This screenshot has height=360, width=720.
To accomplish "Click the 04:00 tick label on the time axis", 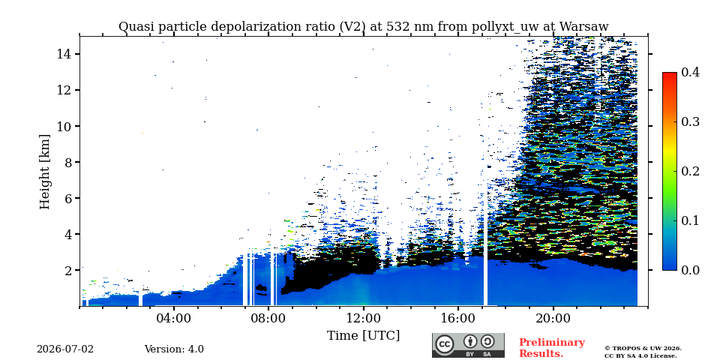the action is pyautogui.click(x=174, y=318).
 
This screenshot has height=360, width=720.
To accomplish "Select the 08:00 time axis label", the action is pyautogui.click(x=268, y=318).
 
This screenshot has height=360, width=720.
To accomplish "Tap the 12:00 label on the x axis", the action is pyautogui.click(x=363, y=318).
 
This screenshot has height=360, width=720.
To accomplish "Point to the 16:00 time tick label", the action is pyautogui.click(x=458, y=318).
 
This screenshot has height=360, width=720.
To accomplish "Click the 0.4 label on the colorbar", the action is pyautogui.click(x=690, y=73).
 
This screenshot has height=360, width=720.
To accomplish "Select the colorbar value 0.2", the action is pyautogui.click(x=690, y=171).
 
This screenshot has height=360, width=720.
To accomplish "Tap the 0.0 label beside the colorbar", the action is pyautogui.click(x=690, y=270).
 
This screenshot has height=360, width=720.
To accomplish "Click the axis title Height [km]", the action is pyautogui.click(x=44, y=172).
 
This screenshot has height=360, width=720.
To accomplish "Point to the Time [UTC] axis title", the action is pyautogui.click(x=363, y=336).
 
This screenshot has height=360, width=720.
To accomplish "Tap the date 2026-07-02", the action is pyautogui.click(x=65, y=349).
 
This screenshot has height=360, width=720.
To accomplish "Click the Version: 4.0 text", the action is pyautogui.click(x=174, y=349).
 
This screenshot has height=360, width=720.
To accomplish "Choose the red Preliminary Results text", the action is pyautogui.click(x=552, y=348).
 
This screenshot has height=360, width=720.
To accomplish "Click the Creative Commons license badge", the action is pyautogui.click(x=468, y=345).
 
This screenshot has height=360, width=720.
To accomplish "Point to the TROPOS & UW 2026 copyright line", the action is pyautogui.click(x=643, y=349).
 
